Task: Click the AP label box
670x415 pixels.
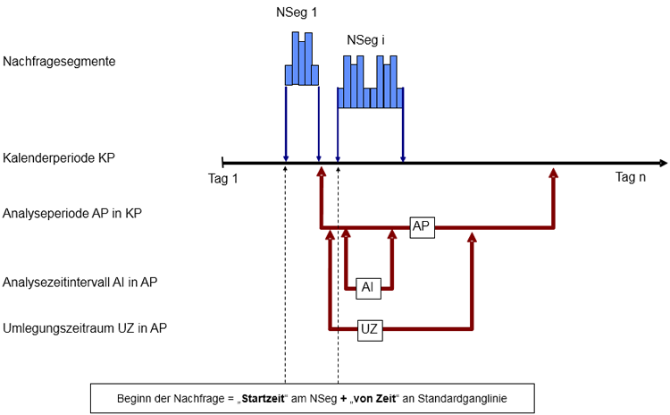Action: click(x=423, y=227)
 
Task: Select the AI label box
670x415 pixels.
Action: click(x=368, y=287)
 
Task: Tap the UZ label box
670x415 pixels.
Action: click(x=370, y=329)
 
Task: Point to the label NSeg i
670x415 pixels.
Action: click(x=366, y=41)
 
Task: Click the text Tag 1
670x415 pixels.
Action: click(x=222, y=177)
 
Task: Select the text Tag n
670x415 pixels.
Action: click(x=630, y=177)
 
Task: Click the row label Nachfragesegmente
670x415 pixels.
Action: click(x=60, y=62)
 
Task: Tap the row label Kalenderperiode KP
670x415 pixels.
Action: click(x=60, y=157)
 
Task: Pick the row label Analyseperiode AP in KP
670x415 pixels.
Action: click(x=73, y=214)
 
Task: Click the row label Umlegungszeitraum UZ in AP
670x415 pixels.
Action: click(x=85, y=328)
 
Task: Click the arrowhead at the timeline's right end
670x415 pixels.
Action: click(x=662, y=164)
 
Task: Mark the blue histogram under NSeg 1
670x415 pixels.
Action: click(x=302, y=61)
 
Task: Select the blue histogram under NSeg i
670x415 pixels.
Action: click(x=370, y=82)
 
